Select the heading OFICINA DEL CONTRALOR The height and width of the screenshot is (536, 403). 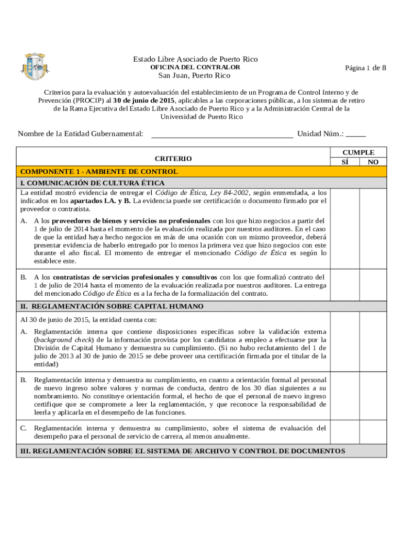[x=195, y=68]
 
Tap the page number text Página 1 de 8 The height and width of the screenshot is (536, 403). [x=365, y=68]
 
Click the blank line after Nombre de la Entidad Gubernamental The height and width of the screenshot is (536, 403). [x=222, y=134]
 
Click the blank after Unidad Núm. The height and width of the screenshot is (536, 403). [x=356, y=134]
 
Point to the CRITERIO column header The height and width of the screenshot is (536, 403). [x=173, y=159]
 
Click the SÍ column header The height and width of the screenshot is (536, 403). [x=345, y=162]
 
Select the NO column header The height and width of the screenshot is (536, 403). [x=373, y=162]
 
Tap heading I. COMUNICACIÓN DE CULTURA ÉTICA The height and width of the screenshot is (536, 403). [x=92, y=183]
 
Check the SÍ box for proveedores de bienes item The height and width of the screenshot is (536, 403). [x=345, y=240]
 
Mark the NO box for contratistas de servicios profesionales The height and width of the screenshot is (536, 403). [x=373, y=285]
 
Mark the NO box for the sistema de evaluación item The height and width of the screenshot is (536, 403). [x=373, y=432]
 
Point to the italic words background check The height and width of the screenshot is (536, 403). [x=58, y=340]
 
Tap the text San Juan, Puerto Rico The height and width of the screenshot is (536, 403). [x=195, y=76]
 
